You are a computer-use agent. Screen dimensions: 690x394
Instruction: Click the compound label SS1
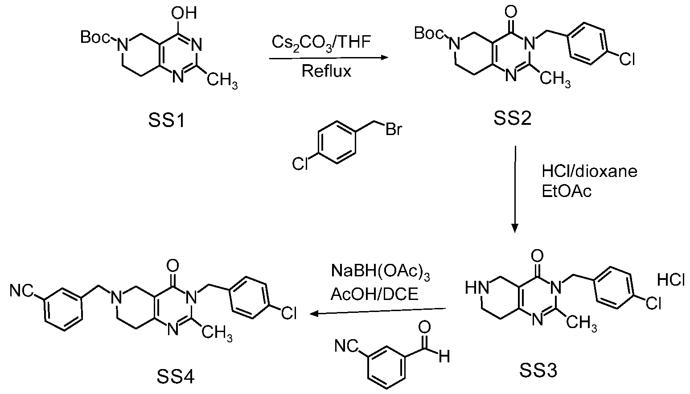coord(167,120)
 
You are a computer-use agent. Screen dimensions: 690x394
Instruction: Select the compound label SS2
coord(513,118)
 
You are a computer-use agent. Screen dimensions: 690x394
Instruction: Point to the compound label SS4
coord(176,376)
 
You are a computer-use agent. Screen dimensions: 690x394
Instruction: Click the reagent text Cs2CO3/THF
coord(321,42)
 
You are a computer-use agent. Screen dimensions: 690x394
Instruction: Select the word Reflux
coord(326,71)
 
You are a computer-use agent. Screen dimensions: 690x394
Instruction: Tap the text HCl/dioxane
coord(590,171)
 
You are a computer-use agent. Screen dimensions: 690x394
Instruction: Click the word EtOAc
coord(567,191)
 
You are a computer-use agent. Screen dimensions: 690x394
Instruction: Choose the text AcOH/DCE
coord(375,294)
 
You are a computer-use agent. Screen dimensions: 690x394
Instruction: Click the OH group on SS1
coord(184,13)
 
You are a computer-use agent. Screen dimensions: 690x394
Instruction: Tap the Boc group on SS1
coord(95,37)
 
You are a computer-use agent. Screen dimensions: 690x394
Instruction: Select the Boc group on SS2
coord(429,33)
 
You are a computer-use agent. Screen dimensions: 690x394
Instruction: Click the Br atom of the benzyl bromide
coord(394,129)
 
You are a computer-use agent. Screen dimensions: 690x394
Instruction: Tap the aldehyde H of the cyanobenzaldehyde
coord(444,357)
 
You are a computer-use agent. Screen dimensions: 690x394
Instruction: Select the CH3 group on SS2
coord(555,79)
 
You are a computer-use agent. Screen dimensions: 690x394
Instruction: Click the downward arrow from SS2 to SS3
coord(514,189)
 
